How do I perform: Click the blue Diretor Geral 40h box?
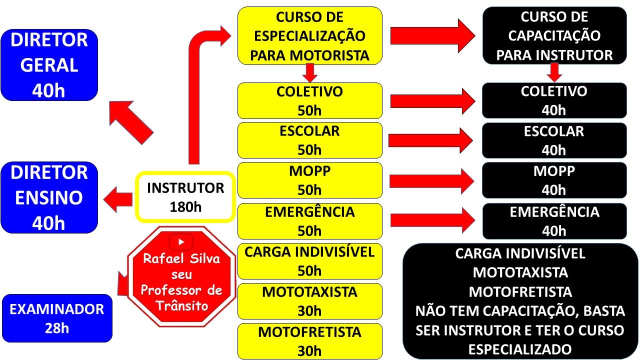click(49, 65)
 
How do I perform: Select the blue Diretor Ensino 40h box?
click(49, 197)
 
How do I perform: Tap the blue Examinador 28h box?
click(56, 318)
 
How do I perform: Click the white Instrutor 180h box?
click(185, 197)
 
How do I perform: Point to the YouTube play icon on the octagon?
click(181, 242)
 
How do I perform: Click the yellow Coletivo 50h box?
click(309, 100)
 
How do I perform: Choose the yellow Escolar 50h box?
click(309, 140)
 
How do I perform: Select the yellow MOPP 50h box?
click(309, 180)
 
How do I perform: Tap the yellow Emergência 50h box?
click(309, 221)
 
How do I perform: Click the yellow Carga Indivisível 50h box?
click(309, 261)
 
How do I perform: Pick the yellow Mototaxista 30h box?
click(309, 301)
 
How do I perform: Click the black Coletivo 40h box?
click(554, 100)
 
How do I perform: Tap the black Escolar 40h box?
click(554, 140)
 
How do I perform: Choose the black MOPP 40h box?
click(554, 180)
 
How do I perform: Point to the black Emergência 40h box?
click(554, 221)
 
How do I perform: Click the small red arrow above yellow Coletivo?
click(310, 73)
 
